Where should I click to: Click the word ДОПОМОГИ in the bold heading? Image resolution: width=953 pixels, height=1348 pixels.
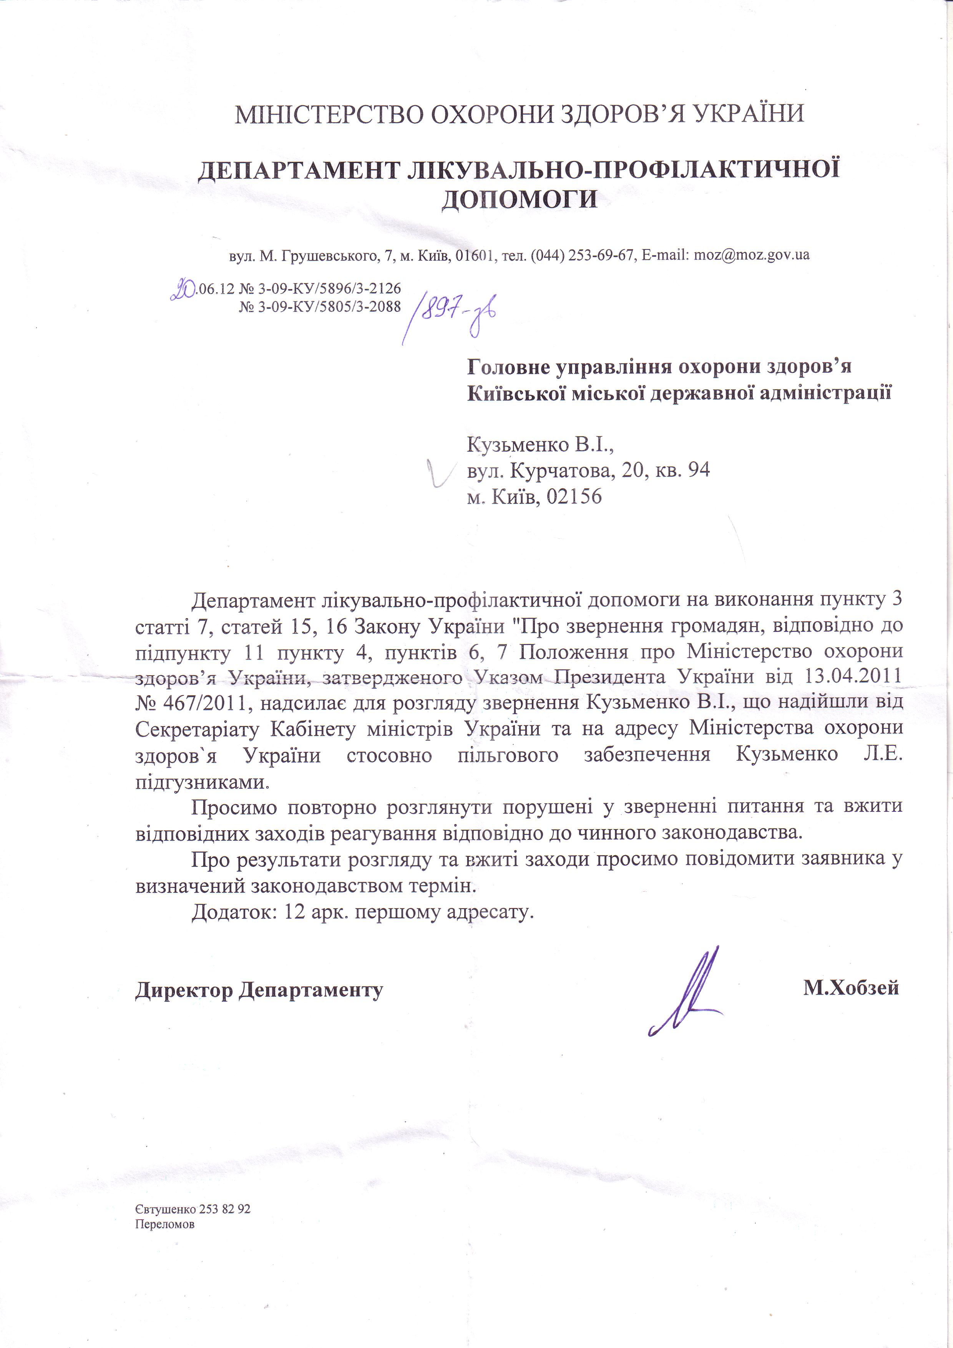[519, 199]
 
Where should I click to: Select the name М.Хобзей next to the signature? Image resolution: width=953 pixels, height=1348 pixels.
[851, 988]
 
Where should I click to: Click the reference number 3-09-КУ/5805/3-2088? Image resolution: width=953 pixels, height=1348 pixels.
[329, 306]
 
